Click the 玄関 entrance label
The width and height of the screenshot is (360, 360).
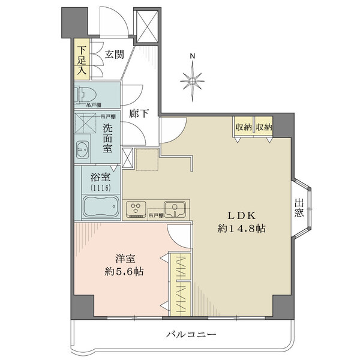[x=114, y=53]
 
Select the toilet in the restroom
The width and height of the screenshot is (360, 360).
[x=83, y=94]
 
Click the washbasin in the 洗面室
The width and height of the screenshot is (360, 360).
[x=83, y=149]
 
